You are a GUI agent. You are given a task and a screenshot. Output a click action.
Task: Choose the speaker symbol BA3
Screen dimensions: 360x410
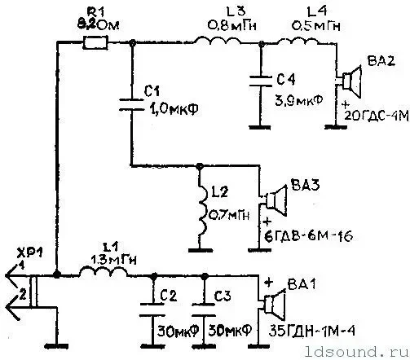(275, 199)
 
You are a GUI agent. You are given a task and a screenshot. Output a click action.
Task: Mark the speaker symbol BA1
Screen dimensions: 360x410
(273, 304)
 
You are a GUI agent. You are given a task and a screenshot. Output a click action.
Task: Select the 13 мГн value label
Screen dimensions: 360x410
(107, 257)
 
